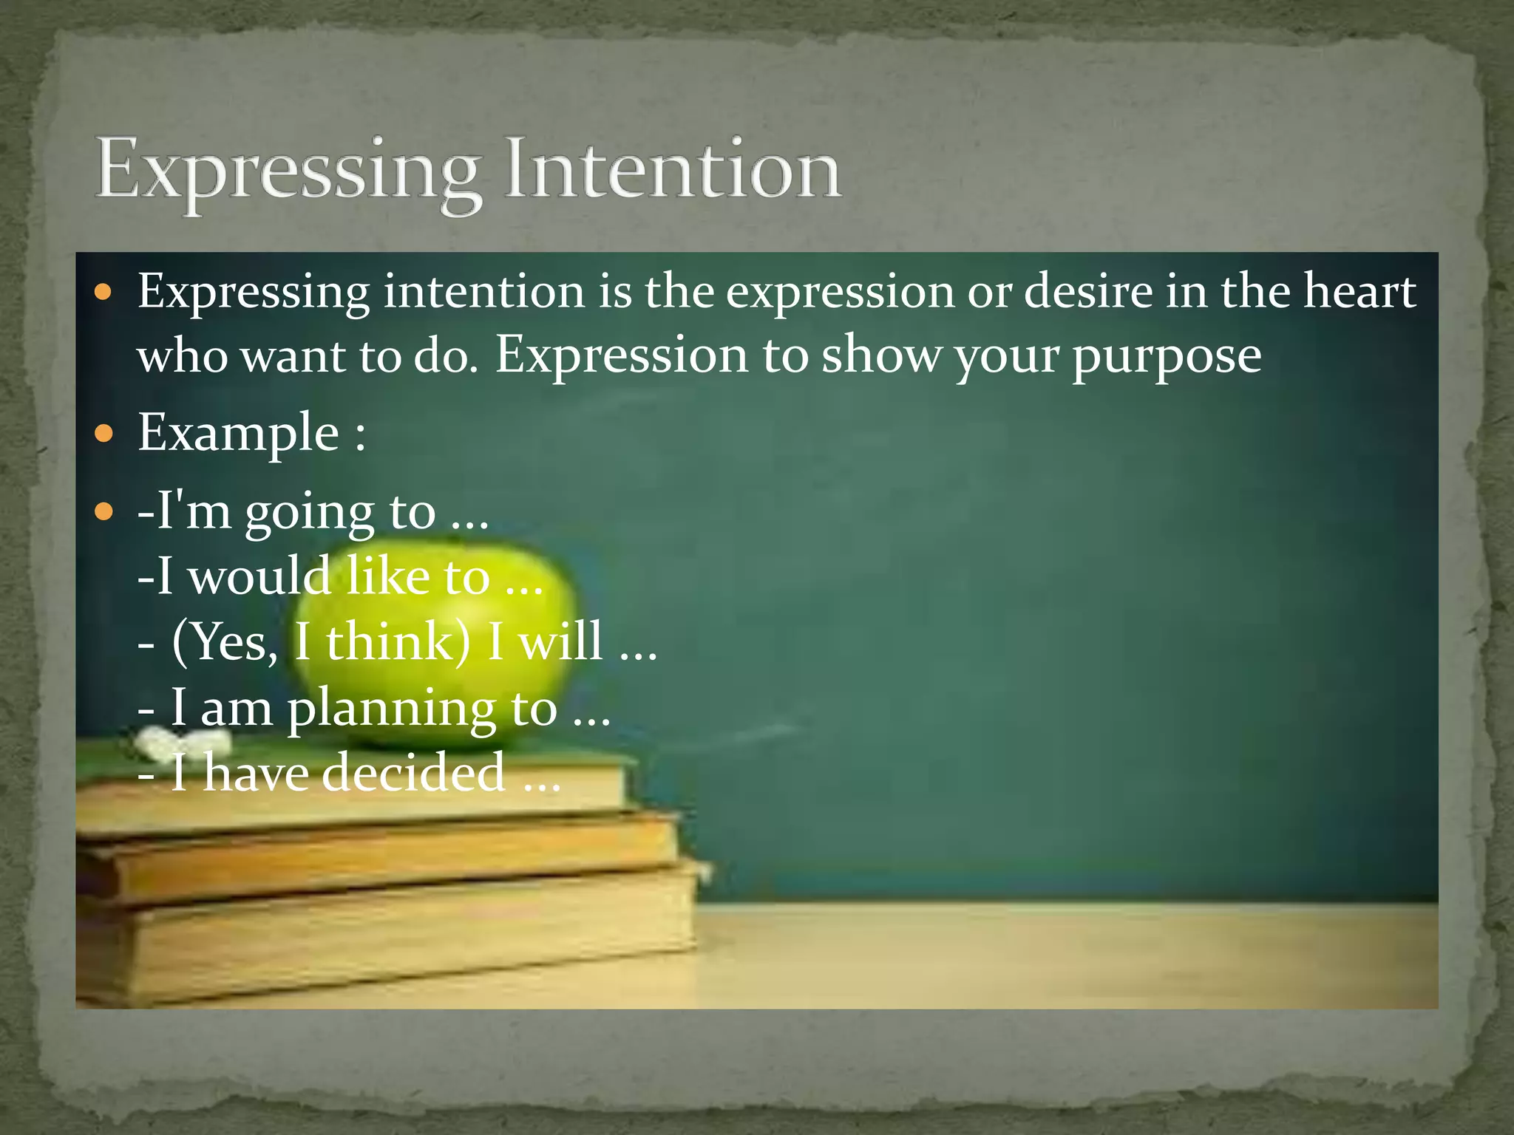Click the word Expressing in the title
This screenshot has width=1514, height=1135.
click(288, 174)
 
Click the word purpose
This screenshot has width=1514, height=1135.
click(1167, 358)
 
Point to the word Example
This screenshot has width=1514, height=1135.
click(238, 433)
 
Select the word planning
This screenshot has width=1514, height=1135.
click(392, 709)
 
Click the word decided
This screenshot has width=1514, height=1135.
click(414, 773)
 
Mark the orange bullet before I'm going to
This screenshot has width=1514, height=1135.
click(104, 511)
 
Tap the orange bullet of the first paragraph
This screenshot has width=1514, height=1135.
click(104, 293)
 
